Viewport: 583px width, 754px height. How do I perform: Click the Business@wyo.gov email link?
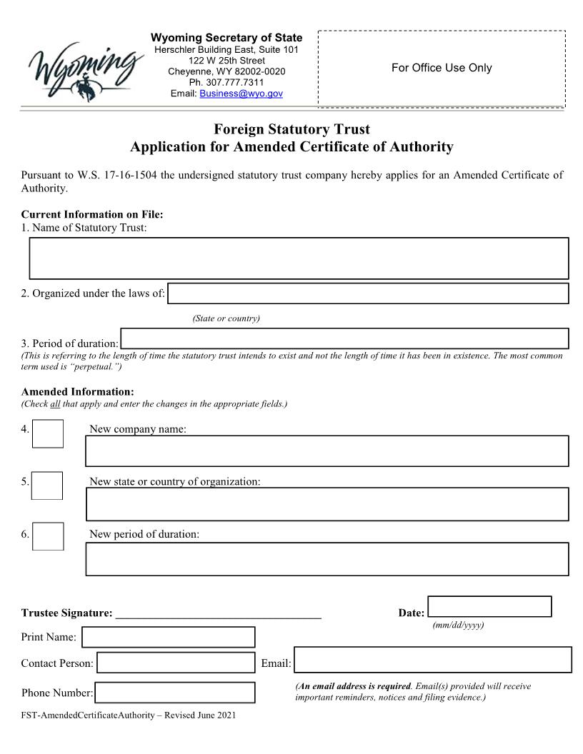[x=241, y=94]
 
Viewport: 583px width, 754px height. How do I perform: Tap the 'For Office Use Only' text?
[x=442, y=68]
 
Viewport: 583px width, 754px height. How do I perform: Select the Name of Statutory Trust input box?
[x=299, y=258]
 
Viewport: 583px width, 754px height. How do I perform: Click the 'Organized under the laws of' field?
[x=368, y=293]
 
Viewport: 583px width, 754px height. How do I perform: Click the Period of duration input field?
[x=344, y=338]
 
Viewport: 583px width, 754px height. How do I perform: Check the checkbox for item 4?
[x=48, y=433]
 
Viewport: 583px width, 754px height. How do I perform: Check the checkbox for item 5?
[x=48, y=486]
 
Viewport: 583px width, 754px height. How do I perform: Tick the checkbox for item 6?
[x=48, y=537]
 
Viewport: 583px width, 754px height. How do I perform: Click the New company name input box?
[x=327, y=451]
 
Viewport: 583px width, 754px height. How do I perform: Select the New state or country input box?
[x=327, y=504]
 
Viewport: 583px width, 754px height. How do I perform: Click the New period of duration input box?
[x=327, y=559]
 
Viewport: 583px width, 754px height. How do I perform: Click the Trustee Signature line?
[x=218, y=613]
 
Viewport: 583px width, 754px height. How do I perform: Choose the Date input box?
[x=489, y=606]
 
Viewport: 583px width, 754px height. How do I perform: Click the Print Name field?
[x=168, y=637]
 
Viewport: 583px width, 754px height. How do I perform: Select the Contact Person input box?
[x=176, y=663]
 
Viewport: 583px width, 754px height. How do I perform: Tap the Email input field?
[x=433, y=660]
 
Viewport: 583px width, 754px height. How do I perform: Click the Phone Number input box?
[x=175, y=693]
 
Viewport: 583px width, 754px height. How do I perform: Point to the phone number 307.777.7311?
[x=226, y=82]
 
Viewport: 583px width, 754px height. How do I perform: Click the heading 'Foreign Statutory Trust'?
[x=291, y=130]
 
